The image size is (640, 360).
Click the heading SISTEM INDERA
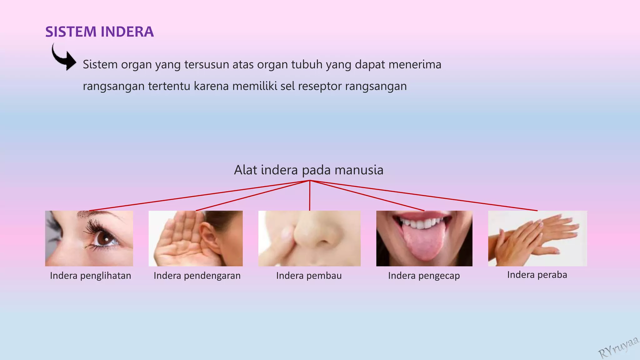point(99,32)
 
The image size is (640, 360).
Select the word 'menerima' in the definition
point(415,64)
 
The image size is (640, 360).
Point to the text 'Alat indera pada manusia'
point(308,170)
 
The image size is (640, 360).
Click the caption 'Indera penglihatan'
point(90,276)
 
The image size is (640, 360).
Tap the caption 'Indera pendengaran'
point(197,276)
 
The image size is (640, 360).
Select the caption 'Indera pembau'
point(309,276)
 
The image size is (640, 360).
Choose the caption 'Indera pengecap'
point(424,276)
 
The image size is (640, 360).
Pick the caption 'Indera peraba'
point(537,275)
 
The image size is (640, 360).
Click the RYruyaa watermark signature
point(618,347)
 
